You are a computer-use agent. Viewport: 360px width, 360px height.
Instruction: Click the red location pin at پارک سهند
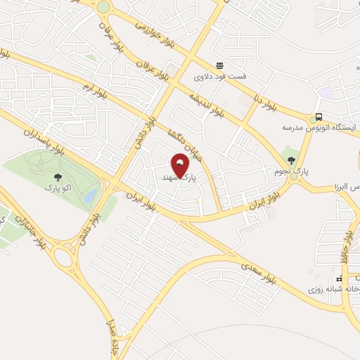coord(181,167)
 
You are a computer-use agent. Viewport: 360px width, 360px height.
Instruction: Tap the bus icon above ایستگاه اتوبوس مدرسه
coord(320,117)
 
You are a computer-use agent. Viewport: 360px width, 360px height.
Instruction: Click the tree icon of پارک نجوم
coord(291,160)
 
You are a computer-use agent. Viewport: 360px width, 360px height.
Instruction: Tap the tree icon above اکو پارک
coord(58,177)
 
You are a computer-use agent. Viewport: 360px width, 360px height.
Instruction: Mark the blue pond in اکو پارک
coord(89,197)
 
